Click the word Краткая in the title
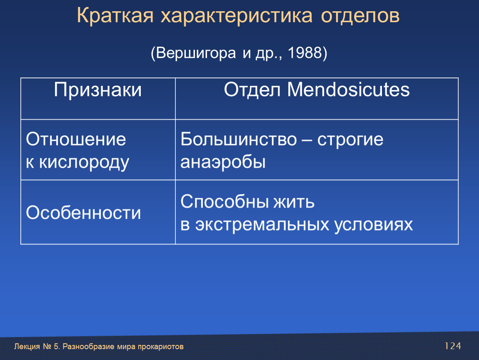pyautogui.click(x=115, y=15)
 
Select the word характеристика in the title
pyautogui.click(x=237, y=15)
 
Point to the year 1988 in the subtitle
pyautogui.click(x=305, y=52)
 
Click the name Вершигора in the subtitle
pyautogui.click(x=196, y=53)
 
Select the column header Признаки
pyautogui.click(x=98, y=90)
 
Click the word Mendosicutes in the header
pyautogui.click(x=348, y=90)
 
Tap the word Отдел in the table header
pyautogui.click(x=252, y=90)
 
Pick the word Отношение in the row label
pyautogui.click(x=76, y=139)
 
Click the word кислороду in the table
pyautogui.click(x=84, y=162)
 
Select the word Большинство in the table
pyautogui.click(x=239, y=139)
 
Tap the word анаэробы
pyautogui.click(x=223, y=162)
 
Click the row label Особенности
pyautogui.click(x=83, y=212)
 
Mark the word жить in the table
pyautogui.click(x=294, y=202)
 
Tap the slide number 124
pyautogui.click(x=453, y=346)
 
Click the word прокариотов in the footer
pyautogui.click(x=161, y=347)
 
